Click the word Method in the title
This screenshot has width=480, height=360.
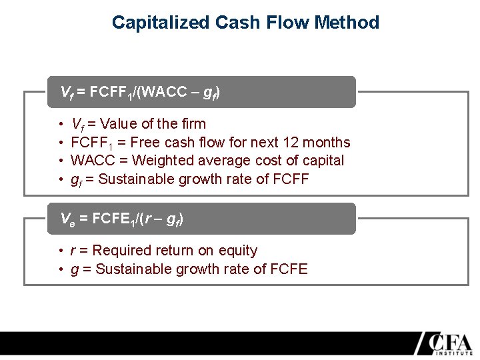tap(347, 23)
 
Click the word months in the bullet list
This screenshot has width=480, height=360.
tap(325, 143)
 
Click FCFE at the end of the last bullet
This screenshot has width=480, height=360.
tap(290, 269)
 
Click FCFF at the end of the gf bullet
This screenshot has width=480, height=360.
tap(291, 179)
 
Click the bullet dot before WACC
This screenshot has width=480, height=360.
tap(61, 161)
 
